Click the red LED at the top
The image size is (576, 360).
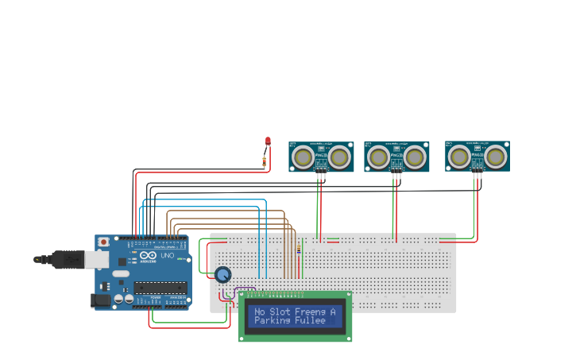(x=268, y=141)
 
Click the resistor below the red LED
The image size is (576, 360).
(x=264, y=162)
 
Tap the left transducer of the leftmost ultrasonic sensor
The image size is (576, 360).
(x=303, y=157)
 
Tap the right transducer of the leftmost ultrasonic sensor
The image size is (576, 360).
(x=340, y=157)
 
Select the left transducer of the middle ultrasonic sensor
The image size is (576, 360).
(x=378, y=157)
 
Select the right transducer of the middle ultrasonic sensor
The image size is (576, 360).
(x=415, y=157)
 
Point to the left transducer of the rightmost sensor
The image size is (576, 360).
(x=459, y=157)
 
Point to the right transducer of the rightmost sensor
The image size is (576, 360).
(x=497, y=157)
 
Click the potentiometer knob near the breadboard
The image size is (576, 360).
(x=223, y=275)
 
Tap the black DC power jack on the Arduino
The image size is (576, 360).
(x=101, y=300)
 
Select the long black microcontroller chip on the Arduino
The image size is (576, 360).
(x=160, y=287)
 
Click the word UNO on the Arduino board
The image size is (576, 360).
(x=168, y=256)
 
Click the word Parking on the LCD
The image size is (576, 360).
(x=271, y=321)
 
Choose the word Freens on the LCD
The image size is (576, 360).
(x=310, y=312)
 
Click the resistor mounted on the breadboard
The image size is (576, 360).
(x=299, y=250)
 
